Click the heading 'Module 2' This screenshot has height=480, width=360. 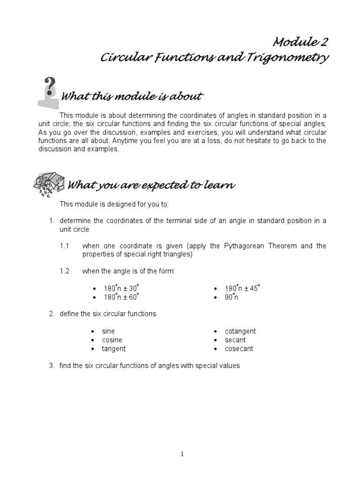[300, 42]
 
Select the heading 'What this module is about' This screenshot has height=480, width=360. [132, 97]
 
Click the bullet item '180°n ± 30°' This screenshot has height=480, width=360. [122, 289]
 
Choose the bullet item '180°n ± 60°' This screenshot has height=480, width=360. [122, 298]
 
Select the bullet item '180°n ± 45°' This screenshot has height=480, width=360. [242, 289]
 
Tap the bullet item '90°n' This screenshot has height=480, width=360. [232, 298]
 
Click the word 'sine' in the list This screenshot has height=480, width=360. [108, 331]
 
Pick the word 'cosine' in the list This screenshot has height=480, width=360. [112, 340]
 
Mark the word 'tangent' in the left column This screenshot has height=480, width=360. [114, 349]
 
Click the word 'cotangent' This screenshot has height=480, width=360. [240, 331]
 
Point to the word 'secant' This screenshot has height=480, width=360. [235, 340]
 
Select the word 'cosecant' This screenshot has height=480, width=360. [239, 349]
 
